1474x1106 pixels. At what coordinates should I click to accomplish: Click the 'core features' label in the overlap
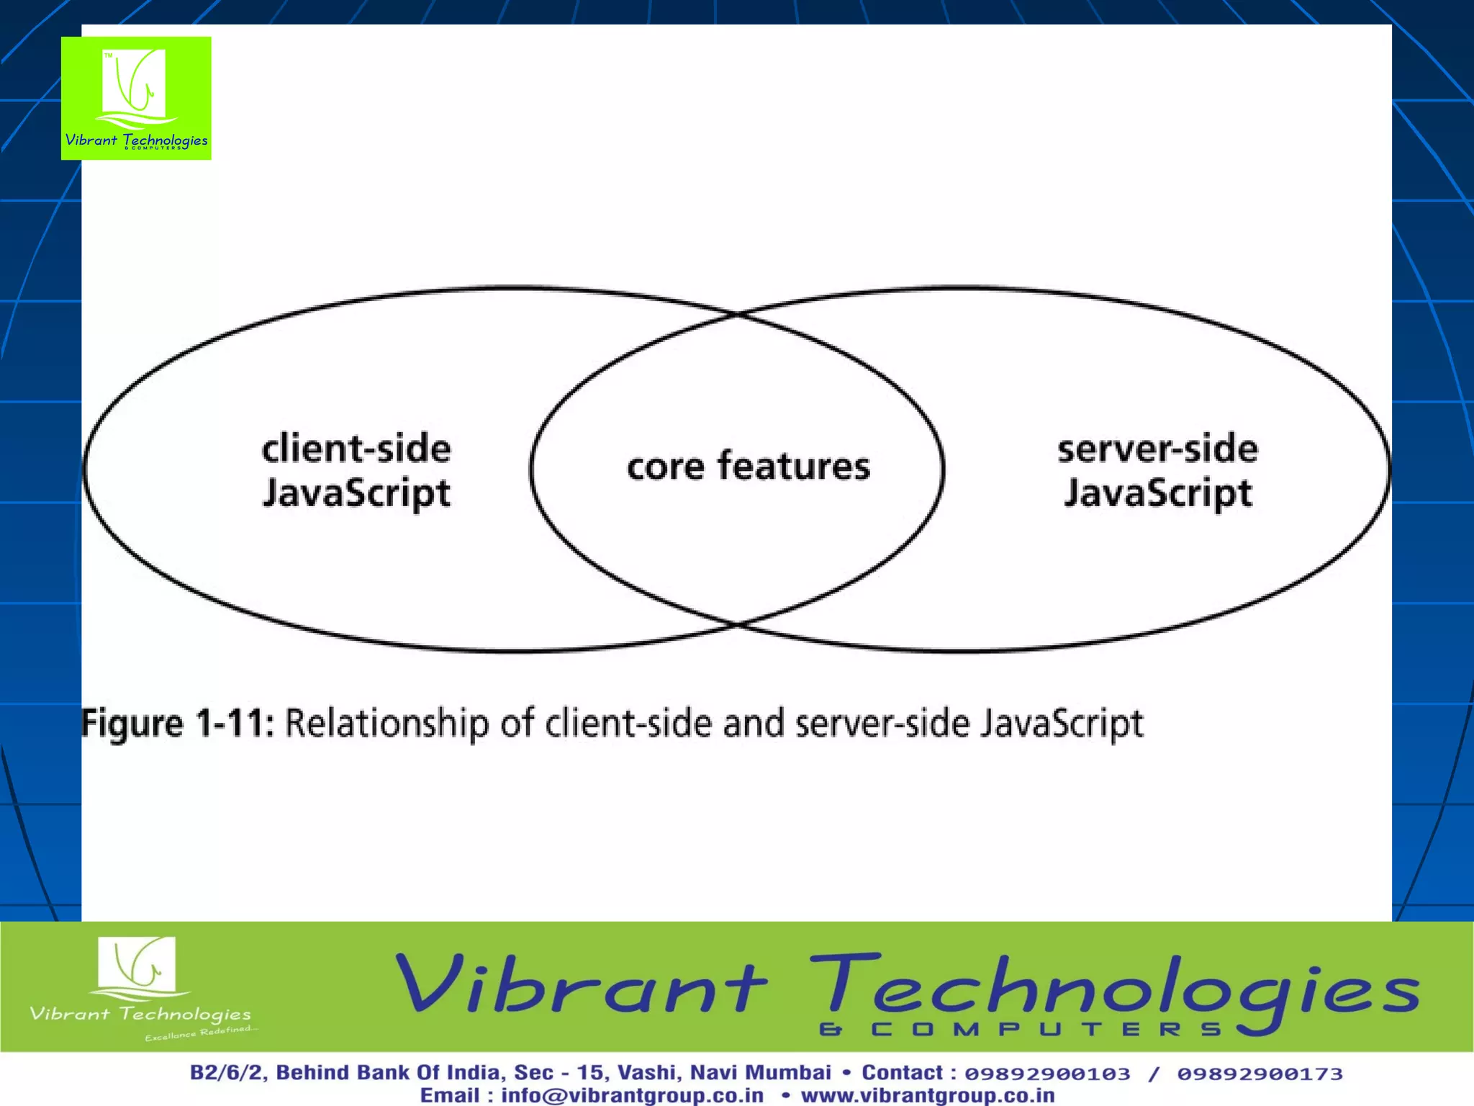pyautogui.click(x=749, y=466)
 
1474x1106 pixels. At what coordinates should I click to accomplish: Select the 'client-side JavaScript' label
pyautogui.click(x=356, y=470)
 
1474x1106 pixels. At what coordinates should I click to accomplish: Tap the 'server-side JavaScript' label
pyautogui.click(x=1157, y=470)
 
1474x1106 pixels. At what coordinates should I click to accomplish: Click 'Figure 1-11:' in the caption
pyautogui.click(x=178, y=723)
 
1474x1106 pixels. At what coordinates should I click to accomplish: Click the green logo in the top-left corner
pyautogui.click(x=136, y=98)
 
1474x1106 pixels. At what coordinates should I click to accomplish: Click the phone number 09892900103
pyautogui.click(x=1047, y=1074)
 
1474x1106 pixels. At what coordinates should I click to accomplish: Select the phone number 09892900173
pyautogui.click(x=1260, y=1074)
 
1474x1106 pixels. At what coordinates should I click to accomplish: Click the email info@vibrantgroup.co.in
pyautogui.click(x=632, y=1095)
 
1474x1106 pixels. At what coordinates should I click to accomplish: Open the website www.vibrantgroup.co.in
pyautogui.click(x=928, y=1095)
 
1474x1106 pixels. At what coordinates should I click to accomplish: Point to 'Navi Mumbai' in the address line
pyautogui.click(x=760, y=1073)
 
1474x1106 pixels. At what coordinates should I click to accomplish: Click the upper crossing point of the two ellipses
pyautogui.click(x=737, y=315)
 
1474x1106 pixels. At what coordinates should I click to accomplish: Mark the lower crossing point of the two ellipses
pyautogui.click(x=737, y=624)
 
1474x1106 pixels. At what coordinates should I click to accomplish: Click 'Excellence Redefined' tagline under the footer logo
pyautogui.click(x=198, y=1033)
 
